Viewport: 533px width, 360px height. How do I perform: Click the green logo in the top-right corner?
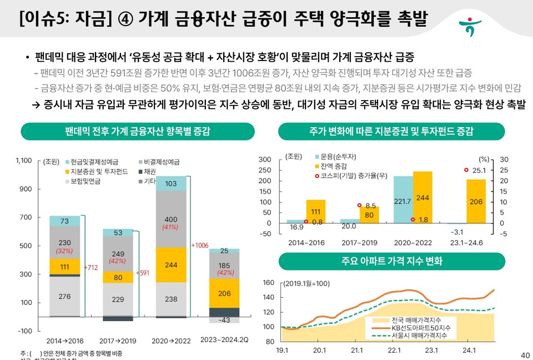[470, 26]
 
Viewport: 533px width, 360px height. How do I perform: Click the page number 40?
[525, 355]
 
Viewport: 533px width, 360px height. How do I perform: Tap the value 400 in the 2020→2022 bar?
[171, 219]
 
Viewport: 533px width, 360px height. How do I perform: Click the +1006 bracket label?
[200, 245]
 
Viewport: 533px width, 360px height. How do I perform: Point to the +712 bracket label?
[90, 268]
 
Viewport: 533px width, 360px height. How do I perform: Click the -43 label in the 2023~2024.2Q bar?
[224, 320]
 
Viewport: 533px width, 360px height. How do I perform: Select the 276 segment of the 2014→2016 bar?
[64, 297]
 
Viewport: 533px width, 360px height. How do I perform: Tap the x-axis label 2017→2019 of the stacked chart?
[117, 339]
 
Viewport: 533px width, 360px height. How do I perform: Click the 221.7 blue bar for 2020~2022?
[403, 201]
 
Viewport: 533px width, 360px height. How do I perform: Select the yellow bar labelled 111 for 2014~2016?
[316, 212]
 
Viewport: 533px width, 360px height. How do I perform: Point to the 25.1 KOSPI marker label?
[479, 171]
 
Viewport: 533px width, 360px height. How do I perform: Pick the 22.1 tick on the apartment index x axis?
[394, 351]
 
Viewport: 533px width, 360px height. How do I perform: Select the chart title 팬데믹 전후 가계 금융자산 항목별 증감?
[137, 132]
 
